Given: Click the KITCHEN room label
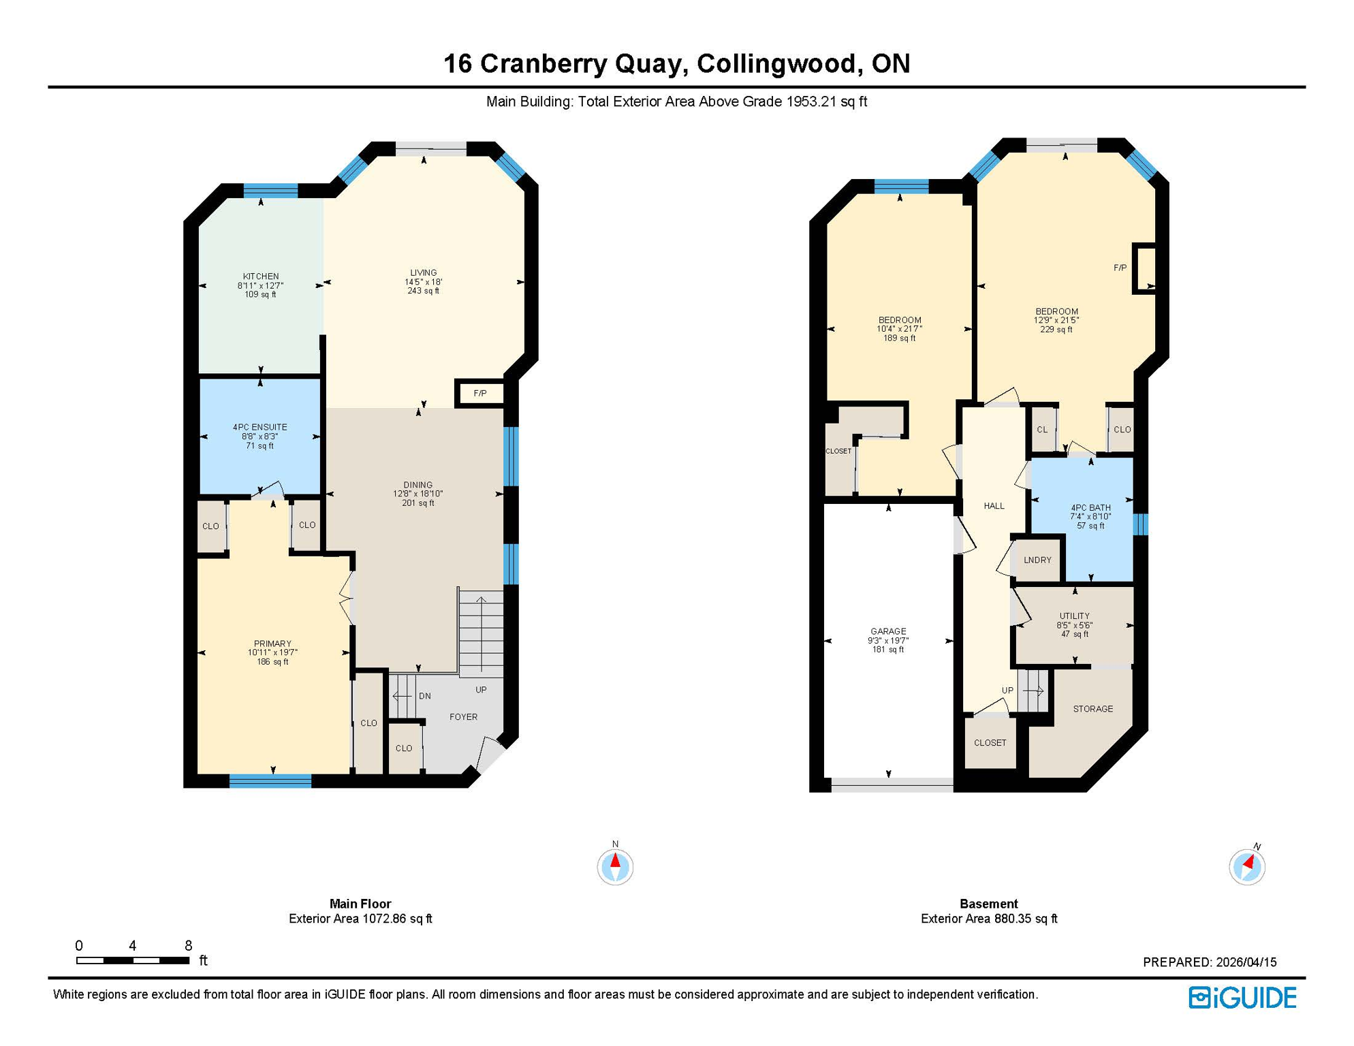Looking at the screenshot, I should [x=260, y=276].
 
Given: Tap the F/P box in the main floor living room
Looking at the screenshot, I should [x=480, y=394].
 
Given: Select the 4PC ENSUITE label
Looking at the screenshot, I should [x=259, y=427].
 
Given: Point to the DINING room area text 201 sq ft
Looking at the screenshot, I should [x=418, y=503].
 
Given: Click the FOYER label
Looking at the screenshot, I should [x=463, y=716].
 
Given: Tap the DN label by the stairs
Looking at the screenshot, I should [x=424, y=696].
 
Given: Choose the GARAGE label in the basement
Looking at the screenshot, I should [x=887, y=631].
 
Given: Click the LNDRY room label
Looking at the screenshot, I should [x=1037, y=560].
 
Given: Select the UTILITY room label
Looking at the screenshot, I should [x=1074, y=616].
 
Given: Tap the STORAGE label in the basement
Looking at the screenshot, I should [x=1092, y=709].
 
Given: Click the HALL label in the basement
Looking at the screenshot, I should [x=994, y=506].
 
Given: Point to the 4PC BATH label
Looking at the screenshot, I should [x=1090, y=507].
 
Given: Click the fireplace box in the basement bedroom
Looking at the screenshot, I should [x=1144, y=268].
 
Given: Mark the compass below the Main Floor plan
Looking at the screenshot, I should [x=615, y=866].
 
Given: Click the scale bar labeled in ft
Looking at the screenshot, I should [x=133, y=960].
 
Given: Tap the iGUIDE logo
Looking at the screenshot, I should [x=1242, y=998].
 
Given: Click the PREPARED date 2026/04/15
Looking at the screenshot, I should [x=1246, y=962].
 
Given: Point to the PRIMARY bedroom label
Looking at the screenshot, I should [x=272, y=644].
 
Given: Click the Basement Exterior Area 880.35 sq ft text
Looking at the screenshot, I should [x=988, y=919].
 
